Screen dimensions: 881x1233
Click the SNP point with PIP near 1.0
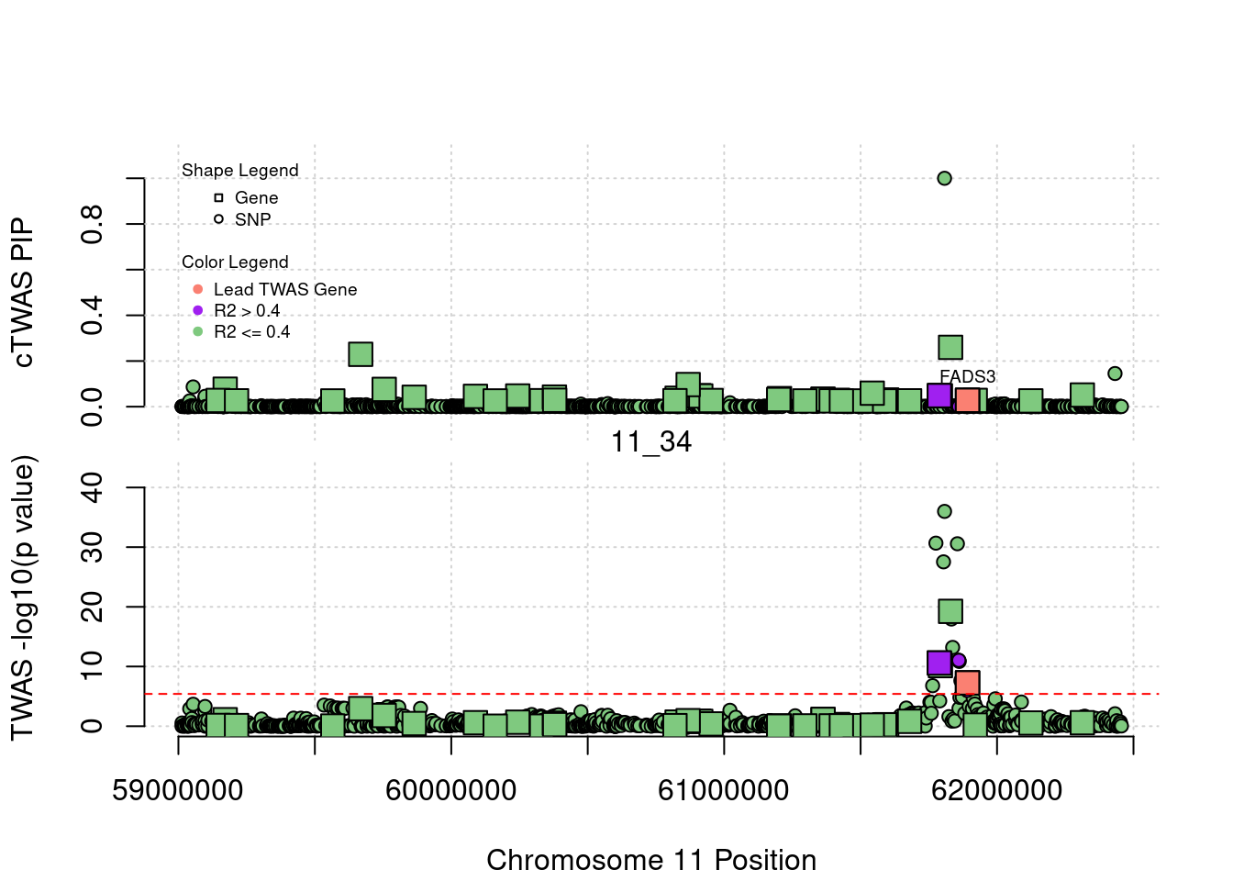pyautogui.click(x=944, y=178)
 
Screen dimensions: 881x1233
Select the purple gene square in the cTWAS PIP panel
pyautogui.click(x=939, y=396)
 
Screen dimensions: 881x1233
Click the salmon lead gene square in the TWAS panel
pyautogui.click(x=967, y=683)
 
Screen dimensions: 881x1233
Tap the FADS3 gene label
pyautogui.click(x=967, y=376)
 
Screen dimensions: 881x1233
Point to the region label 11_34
pyautogui.click(x=651, y=442)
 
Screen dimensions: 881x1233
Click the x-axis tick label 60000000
pyautogui.click(x=450, y=790)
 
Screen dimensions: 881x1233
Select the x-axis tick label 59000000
pyautogui.click(x=178, y=790)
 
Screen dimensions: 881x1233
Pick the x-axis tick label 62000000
pyautogui.click(x=996, y=790)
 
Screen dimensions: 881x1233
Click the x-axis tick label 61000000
pyautogui.click(x=724, y=790)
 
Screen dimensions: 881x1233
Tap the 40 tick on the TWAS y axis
pyautogui.click(x=93, y=487)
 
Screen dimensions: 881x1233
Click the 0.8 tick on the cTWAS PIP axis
pyautogui.click(x=93, y=224)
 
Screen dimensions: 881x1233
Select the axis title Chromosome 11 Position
pyautogui.click(x=651, y=860)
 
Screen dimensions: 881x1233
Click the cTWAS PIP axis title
pyautogui.click(x=23, y=293)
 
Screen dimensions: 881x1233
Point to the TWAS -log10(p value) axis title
pyautogui.click(x=23, y=597)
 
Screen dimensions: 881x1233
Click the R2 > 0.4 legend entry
pyautogui.click(x=246, y=311)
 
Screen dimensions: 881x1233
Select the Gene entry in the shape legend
pyautogui.click(x=255, y=197)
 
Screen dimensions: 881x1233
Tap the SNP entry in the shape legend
pyautogui.click(x=252, y=219)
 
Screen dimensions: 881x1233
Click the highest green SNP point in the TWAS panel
pyautogui.click(x=944, y=511)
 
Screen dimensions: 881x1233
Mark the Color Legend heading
pyautogui.click(x=235, y=262)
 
